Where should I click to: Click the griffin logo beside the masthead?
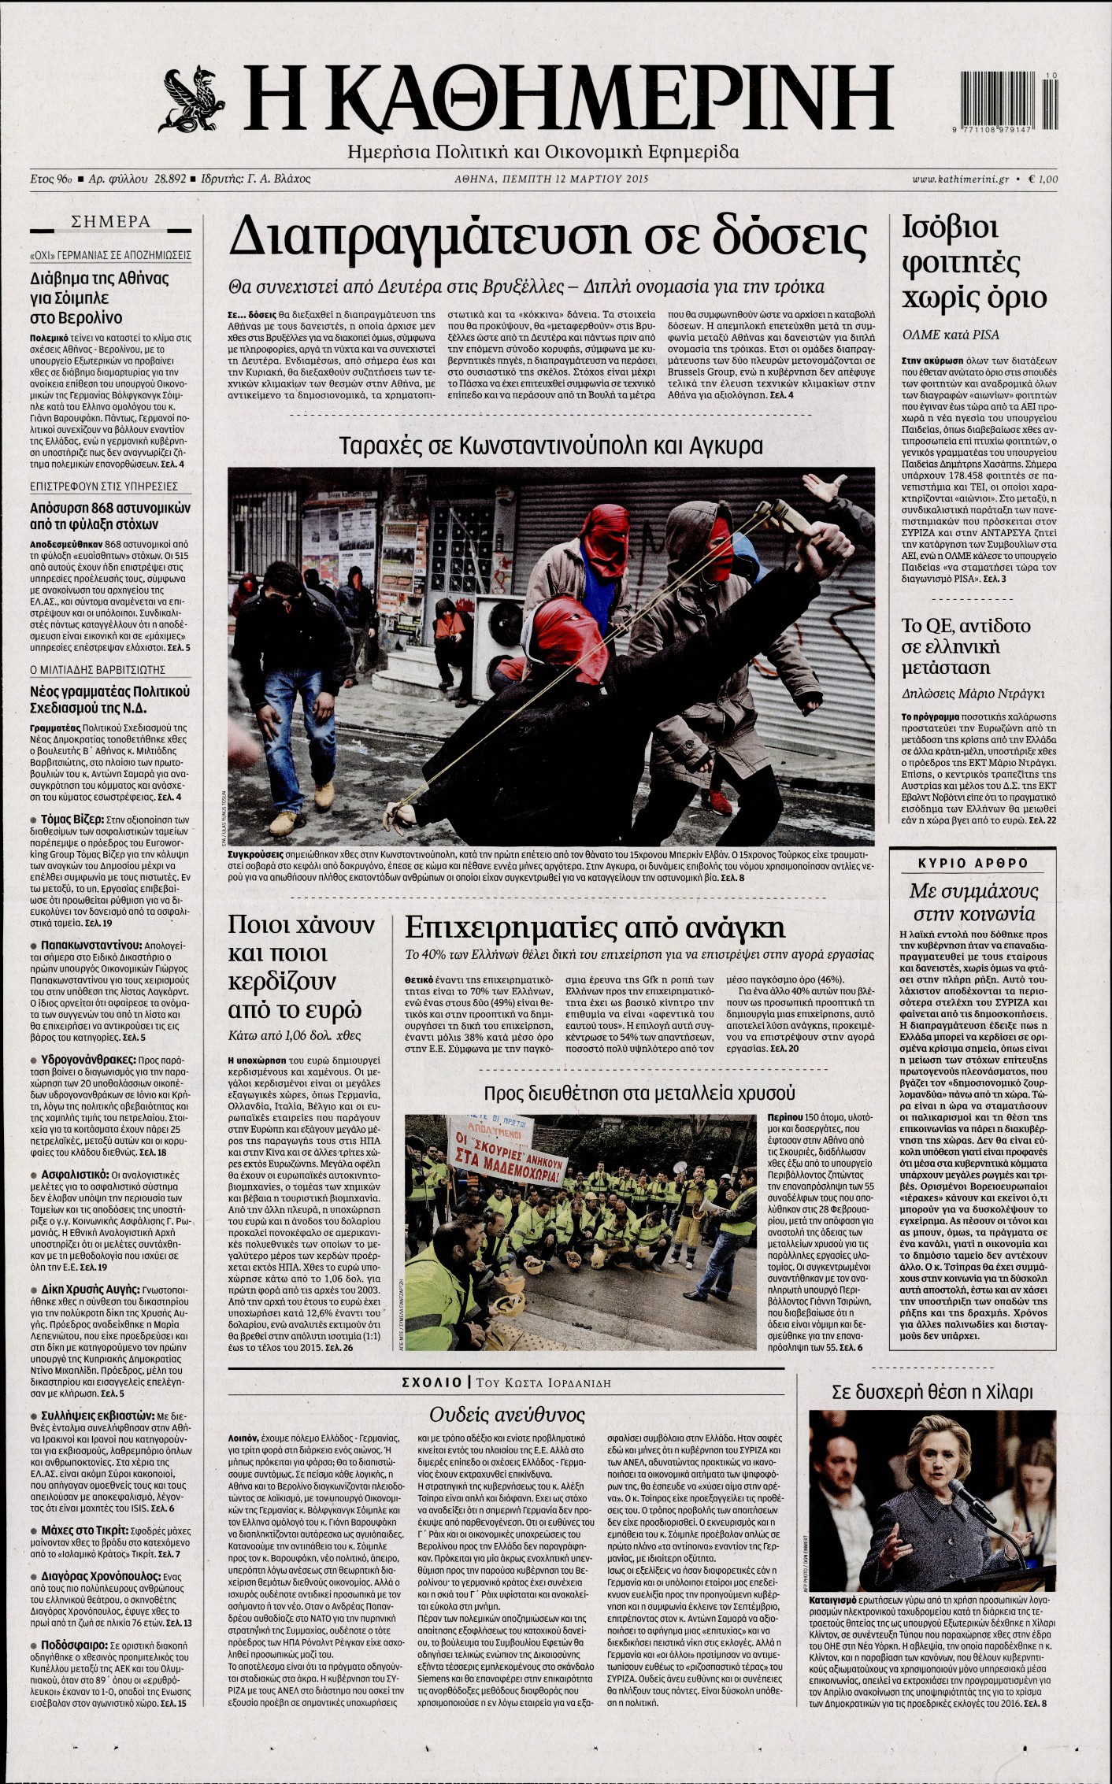(192, 99)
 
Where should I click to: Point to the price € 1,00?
(1043, 180)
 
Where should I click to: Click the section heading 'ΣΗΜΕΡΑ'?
(110, 222)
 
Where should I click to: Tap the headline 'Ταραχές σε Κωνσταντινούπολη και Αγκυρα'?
(550, 446)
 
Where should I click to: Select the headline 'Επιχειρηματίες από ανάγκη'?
(595, 927)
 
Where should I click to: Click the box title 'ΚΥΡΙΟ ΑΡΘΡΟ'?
(973, 863)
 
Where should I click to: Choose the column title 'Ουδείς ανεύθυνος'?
(508, 1415)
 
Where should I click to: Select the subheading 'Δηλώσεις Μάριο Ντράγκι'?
(973, 694)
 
